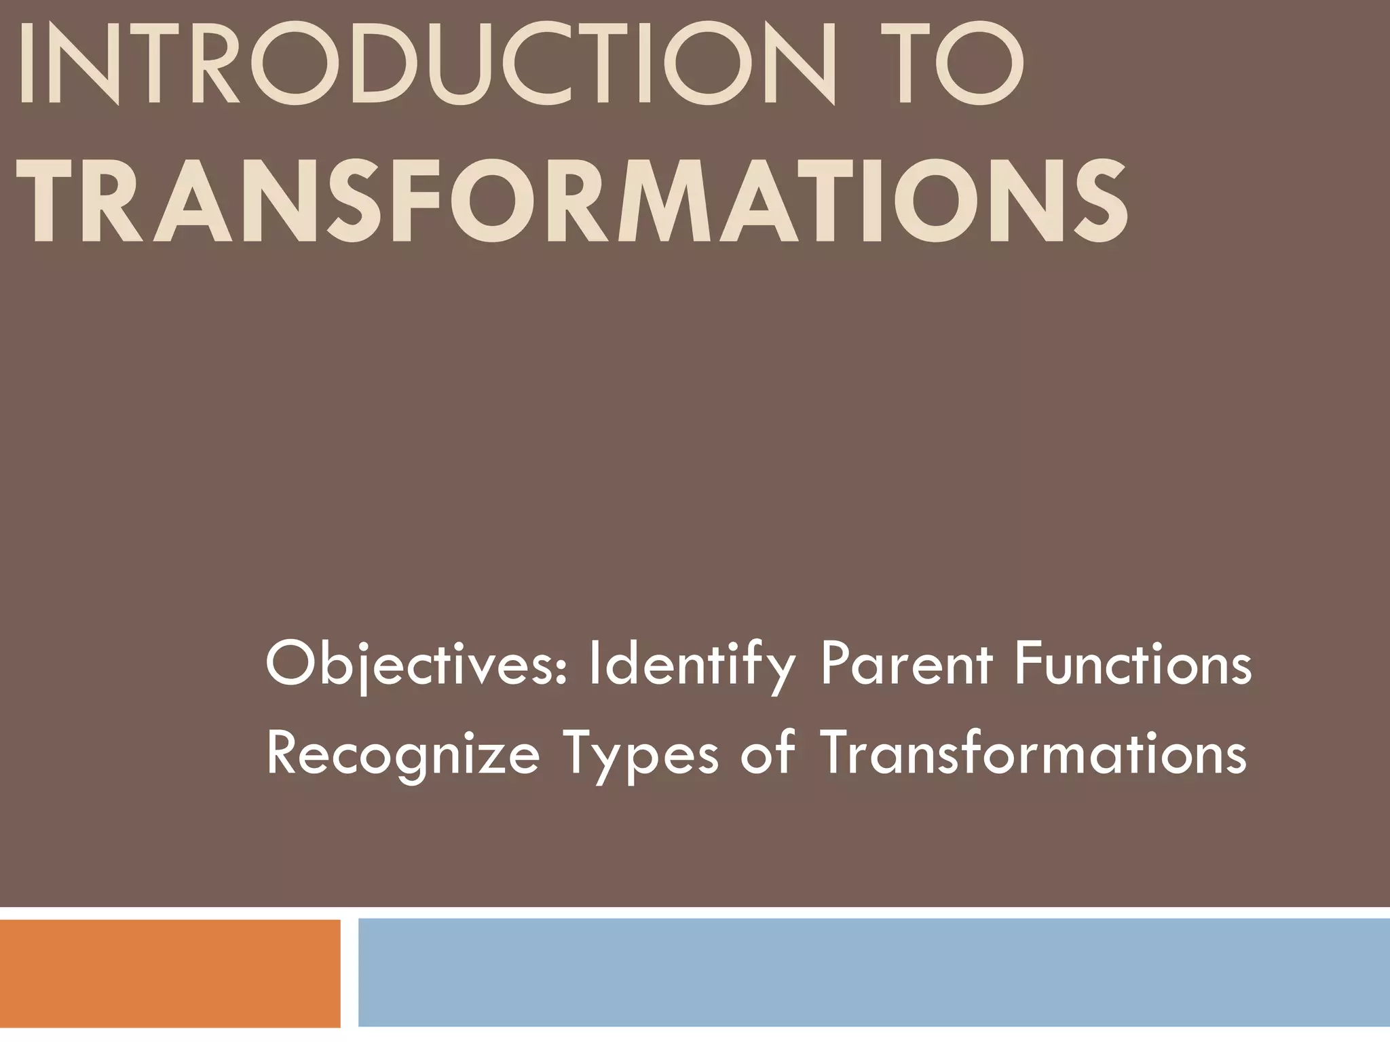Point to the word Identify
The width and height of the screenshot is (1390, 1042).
[x=691, y=667]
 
